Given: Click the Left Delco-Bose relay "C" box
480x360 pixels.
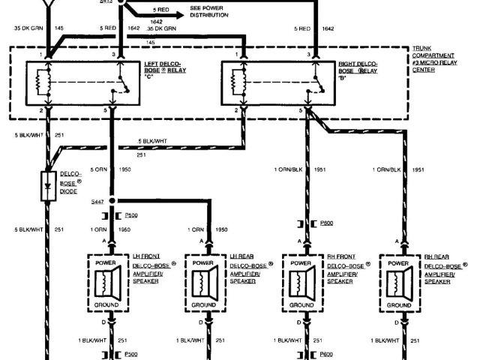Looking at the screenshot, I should tap(82, 83).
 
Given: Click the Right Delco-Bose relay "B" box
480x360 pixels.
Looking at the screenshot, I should tap(275, 83).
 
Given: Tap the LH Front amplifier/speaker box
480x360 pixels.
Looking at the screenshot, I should tap(113, 284).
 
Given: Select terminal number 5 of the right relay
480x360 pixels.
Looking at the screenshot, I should tap(300, 111).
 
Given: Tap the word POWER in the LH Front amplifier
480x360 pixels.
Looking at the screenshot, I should tap(112, 264).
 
